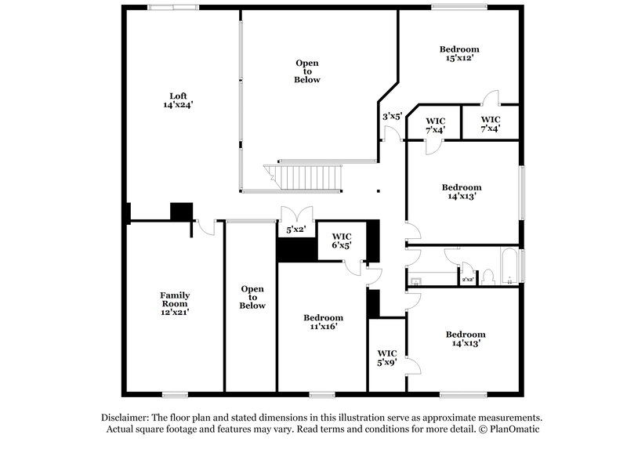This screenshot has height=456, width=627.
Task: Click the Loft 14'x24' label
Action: pos(178,100)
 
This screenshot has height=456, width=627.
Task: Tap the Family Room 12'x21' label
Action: pos(176,303)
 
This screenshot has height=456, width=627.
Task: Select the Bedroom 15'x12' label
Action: pos(458,53)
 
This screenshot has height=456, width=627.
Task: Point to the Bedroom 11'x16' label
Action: pos(321,322)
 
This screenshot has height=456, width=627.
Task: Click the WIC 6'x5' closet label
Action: pos(341,241)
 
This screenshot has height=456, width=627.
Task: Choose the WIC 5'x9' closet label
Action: pos(387,357)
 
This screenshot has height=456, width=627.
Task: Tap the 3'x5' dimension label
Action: pos(392,116)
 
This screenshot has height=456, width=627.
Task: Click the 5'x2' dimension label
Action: pos(295,230)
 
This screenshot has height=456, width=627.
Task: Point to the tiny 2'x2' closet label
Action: pos(467,279)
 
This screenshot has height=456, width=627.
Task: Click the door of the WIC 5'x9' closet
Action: pos(412,366)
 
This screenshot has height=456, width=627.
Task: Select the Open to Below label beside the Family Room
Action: pos(252,297)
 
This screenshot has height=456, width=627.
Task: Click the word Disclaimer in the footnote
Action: pos(125,418)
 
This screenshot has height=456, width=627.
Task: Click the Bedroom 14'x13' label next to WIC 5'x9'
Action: pos(466,338)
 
